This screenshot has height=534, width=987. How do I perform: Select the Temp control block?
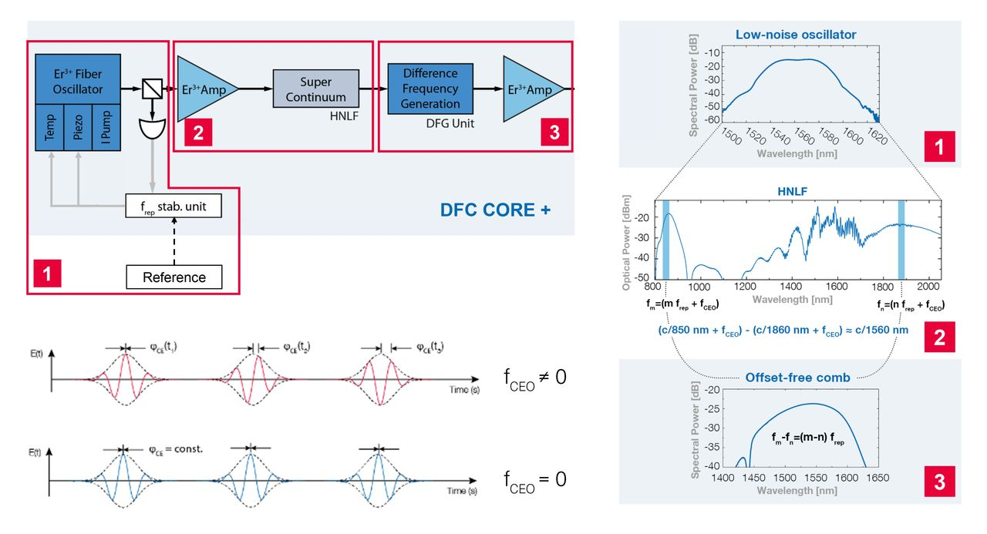tap(50, 127)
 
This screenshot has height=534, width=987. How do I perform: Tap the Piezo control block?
tap(78, 127)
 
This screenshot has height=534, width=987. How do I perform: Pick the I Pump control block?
tap(106, 127)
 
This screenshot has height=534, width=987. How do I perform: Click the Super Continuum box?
tap(316, 89)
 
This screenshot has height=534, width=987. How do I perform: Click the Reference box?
tap(174, 277)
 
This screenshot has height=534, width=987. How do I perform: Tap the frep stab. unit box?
tap(174, 206)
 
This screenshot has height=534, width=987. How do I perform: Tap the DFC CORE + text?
tap(495, 209)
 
